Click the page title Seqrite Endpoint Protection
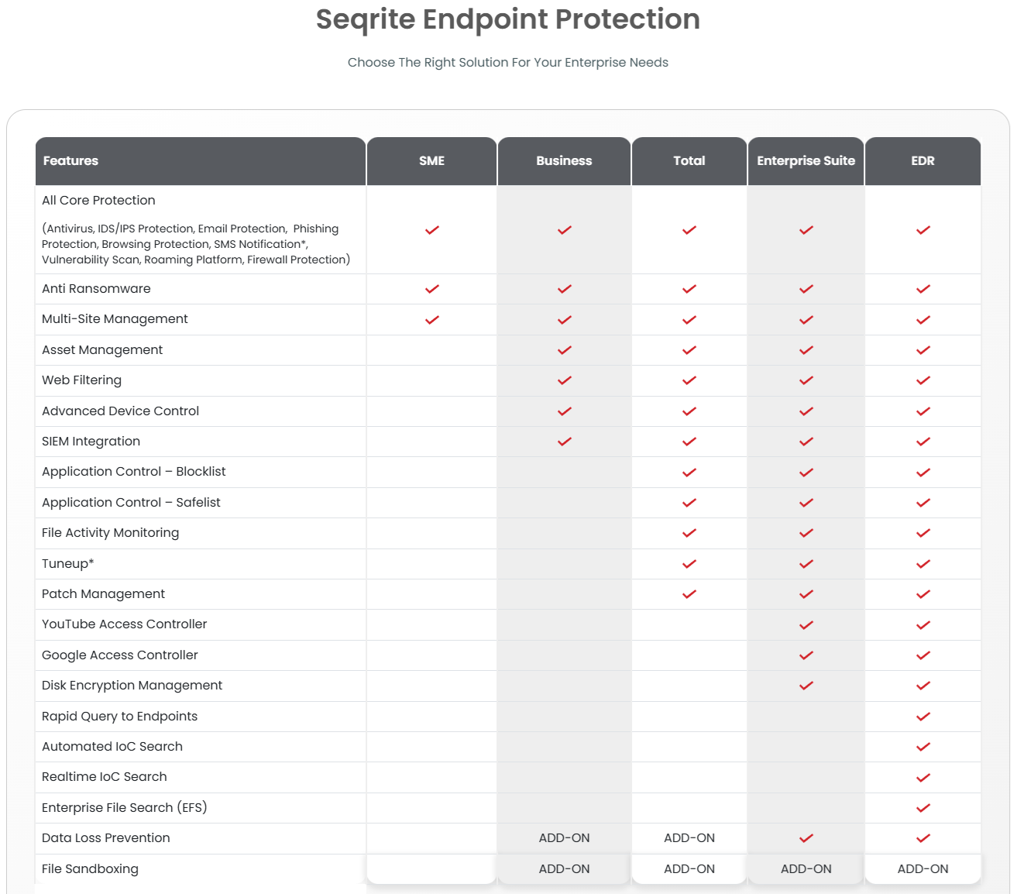tap(507, 19)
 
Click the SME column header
tap(431, 161)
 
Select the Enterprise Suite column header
tap(806, 161)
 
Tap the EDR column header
tap(923, 161)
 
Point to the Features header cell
tap(71, 161)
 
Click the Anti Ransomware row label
tap(96, 289)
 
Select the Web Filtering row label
tap(81, 380)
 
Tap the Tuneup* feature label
tap(68, 564)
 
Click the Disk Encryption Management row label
tap(132, 686)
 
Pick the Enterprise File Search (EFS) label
tap(124, 808)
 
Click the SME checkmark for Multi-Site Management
tap(432, 320)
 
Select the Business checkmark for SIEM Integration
tap(565, 442)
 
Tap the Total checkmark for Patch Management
tap(689, 594)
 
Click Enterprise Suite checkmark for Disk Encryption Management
tap(806, 686)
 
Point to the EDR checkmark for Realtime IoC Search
tap(923, 778)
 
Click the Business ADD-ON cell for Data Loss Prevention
tap(565, 838)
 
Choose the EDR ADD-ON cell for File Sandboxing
tap(923, 869)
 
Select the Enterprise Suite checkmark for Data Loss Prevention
tap(806, 838)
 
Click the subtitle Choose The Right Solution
tap(507, 63)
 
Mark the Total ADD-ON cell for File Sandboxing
tap(689, 869)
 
